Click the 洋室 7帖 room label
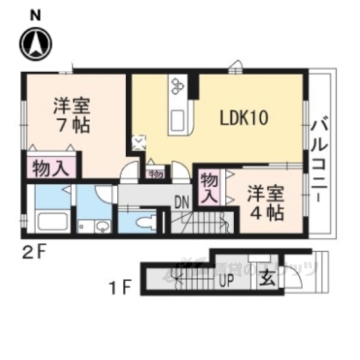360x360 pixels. coord(71,115)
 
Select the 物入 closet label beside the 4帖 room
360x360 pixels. coord(210,189)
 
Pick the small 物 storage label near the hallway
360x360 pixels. coord(156,174)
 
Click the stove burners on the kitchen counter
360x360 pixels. coord(178,86)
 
